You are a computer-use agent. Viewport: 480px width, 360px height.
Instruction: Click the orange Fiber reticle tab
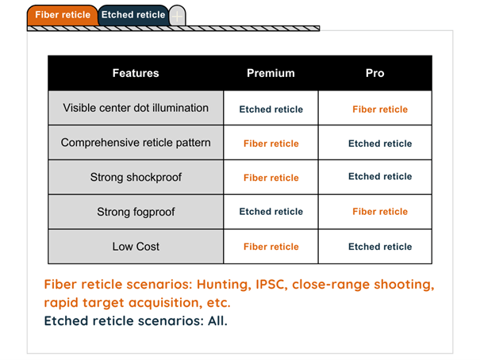pyautogui.click(x=61, y=14)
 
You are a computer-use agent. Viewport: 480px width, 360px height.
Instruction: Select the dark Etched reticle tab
pyautogui.click(x=133, y=14)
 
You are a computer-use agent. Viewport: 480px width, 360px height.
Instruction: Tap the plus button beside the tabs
pyautogui.click(x=178, y=15)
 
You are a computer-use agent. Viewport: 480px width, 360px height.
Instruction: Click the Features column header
pyautogui.click(x=135, y=73)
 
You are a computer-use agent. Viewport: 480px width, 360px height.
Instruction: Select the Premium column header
pyautogui.click(x=271, y=73)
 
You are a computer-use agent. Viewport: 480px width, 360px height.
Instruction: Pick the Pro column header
pyautogui.click(x=375, y=73)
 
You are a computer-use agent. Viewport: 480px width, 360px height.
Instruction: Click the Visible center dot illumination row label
pyautogui.click(x=136, y=108)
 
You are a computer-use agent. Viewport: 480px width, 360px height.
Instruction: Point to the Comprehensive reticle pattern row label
pyautogui.click(x=136, y=143)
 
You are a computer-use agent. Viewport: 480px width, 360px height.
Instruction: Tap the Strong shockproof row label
pyautogui.click(x=136, y=177)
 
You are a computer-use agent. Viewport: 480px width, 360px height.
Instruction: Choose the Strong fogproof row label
pyautogui.click(x=136, y=212)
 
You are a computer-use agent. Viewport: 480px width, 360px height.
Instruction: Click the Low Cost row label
pyautogui.click(x=136, y=247)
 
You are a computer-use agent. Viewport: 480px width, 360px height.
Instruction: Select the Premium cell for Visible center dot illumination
pyautogui.click(x=271, y=109)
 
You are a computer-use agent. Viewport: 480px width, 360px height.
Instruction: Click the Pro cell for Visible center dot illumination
pyautogui.click(x=380, y=109)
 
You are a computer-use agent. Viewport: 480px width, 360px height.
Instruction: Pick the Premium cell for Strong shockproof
pyautogui.click(x=271, y=178)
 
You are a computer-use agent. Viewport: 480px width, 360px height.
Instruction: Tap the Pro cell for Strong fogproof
pyautogui.click(x=380, y=212)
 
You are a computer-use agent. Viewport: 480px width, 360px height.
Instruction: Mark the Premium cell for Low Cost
pyautogui.click(x=271, y=247)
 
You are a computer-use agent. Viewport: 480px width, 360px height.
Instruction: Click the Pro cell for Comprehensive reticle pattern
pyautogui.click(x=380, y=144)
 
